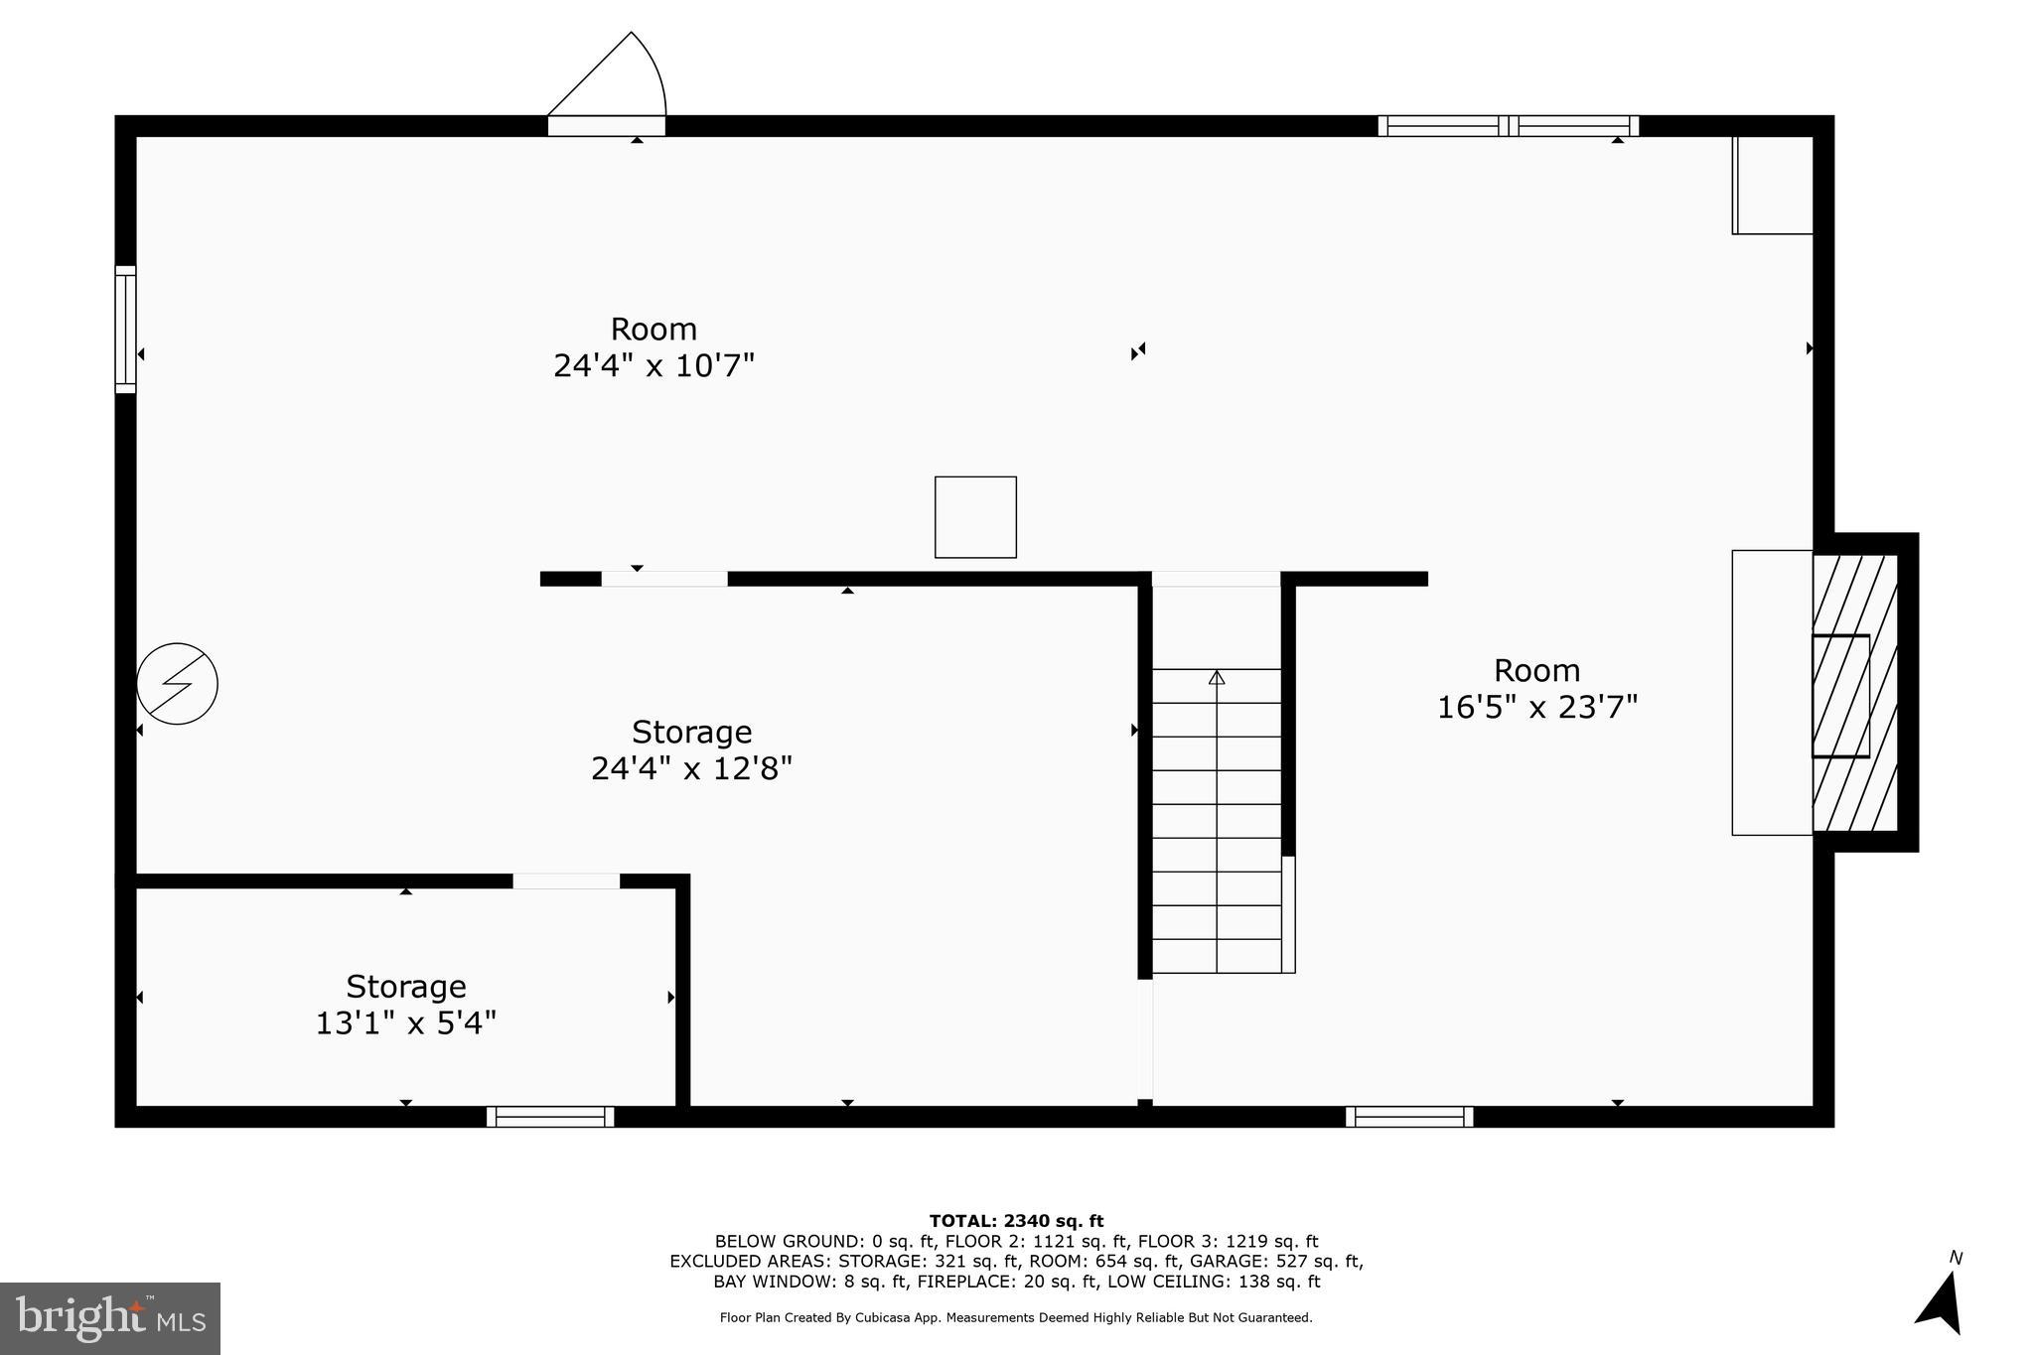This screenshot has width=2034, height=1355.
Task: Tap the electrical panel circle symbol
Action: click(177, 684)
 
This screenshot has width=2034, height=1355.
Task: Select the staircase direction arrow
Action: click(1217, 678)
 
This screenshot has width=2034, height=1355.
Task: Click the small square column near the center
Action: click(975, 517)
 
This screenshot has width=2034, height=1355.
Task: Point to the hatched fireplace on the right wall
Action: click(1855, 693)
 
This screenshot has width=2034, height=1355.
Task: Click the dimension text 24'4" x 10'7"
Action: click(654, 366)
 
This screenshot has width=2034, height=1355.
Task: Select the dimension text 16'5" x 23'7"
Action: click(1536, 708)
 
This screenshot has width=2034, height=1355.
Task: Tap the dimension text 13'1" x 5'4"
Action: click(405, 1023)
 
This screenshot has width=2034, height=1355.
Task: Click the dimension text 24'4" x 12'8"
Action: click(691, 769)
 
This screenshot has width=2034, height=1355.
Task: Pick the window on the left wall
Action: click(125, 330)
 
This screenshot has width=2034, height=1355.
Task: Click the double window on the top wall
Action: click(1508, 126)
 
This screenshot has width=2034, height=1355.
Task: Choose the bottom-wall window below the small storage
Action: click(550, 1117)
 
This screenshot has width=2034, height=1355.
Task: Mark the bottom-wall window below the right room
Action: click(1409, 1117)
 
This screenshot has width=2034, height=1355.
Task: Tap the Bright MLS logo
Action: click(110, 1318)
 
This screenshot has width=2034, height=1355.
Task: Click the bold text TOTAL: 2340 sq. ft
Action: click(1016, 1221)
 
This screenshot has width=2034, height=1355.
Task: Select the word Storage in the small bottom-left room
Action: click(405, 987)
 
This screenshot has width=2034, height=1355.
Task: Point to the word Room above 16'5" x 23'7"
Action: click(1536, 671)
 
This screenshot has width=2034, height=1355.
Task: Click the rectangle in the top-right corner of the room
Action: click(1773, 186)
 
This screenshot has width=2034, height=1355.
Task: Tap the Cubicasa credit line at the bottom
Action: click(1016, 1318)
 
